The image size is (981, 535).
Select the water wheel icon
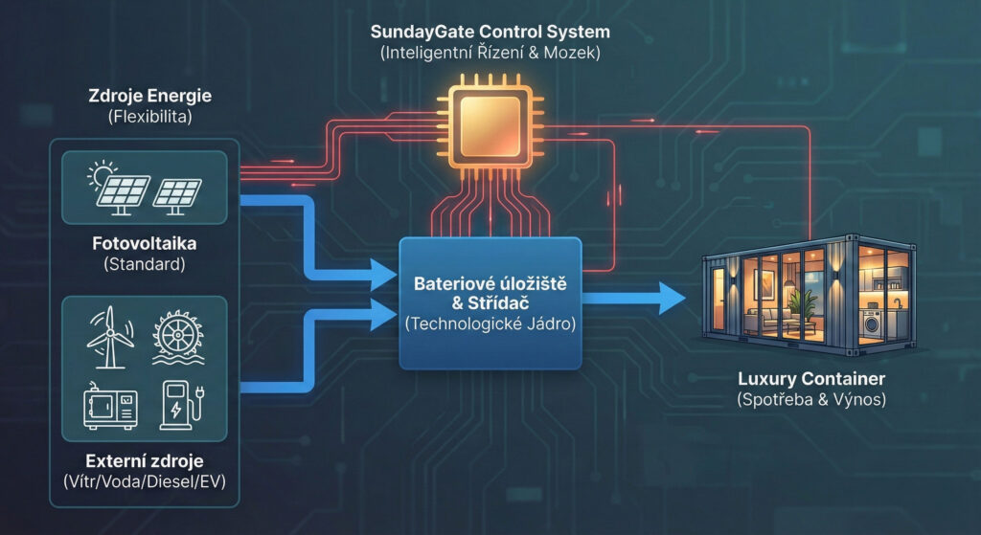(x=175, y=337)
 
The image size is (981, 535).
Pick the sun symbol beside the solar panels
(x=99, y=175)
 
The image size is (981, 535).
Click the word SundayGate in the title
(x=418, y=33)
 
